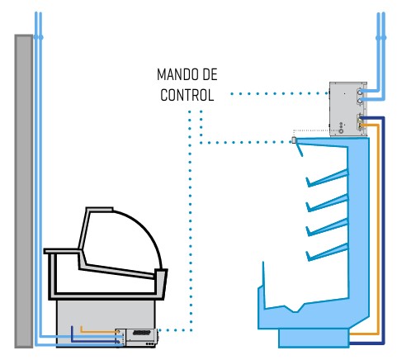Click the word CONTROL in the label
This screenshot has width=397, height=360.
click(187, 95)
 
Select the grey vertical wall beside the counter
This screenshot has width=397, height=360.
click(24, 192)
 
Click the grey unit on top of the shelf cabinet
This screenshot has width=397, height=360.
click(348, 109)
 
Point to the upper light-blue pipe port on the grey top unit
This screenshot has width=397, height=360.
click(360, 92)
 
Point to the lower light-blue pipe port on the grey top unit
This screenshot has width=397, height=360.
click(360, 101)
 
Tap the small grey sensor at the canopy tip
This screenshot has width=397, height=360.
click(294, 140)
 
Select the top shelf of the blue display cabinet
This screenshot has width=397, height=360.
click(328, 178)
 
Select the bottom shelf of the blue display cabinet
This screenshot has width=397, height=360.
click(328, 252)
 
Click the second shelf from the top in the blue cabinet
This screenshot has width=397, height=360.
click(328, 203)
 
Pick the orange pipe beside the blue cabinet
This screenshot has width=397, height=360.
click(379, 229)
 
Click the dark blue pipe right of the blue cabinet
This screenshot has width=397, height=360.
click(384, 231)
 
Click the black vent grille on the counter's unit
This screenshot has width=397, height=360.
click(141, 333)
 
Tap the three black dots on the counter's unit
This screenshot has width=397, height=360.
click(150, 343)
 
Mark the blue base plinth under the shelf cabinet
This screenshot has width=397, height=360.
click(314, 339)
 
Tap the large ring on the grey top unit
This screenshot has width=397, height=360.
click(341, 131)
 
